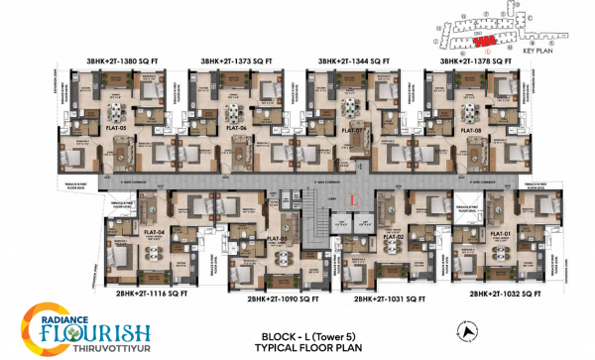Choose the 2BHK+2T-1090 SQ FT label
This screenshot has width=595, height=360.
click(x=269, y=297)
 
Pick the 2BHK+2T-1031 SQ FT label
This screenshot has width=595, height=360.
click(x=383, y=297)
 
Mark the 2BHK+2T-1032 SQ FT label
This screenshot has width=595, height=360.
click(x=506, y=294)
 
